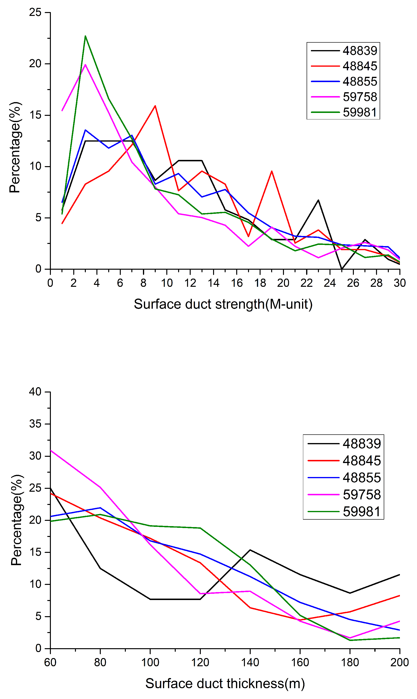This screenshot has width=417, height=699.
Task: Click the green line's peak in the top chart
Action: (85, 36)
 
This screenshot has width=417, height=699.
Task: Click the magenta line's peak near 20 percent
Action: (85, 65)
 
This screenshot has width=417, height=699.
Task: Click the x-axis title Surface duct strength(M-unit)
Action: (223, 304)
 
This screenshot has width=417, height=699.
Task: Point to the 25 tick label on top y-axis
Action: (35, 12)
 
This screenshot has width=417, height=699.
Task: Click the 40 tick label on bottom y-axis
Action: (35, 392)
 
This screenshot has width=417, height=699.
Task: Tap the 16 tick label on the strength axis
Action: (237, 283)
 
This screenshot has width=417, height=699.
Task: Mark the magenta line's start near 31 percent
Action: (51, 450)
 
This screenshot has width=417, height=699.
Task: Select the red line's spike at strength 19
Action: (272, 171)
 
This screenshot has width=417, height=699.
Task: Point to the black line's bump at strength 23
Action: (318, 200)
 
